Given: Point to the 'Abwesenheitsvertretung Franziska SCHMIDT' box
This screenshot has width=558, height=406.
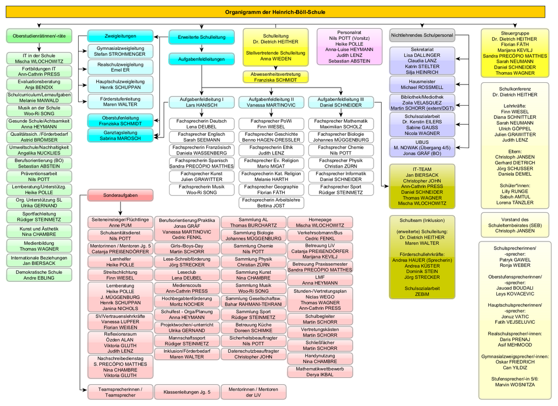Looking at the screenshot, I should (x=275, y=76).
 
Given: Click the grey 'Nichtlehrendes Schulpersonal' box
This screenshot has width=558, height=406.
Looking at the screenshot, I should (x=422, y=36).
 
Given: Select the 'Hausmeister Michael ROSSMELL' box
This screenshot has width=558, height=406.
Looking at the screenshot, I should (x=422, y=84).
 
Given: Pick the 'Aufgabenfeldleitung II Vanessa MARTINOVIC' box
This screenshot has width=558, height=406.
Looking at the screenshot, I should (x=270, y=102).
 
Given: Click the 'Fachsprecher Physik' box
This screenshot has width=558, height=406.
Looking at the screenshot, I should (x=341, y=163).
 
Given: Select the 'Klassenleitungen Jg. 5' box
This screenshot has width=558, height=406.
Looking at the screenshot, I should (x=187, y=392).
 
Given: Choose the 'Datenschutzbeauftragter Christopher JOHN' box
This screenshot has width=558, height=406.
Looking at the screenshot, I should (x=253, y=354).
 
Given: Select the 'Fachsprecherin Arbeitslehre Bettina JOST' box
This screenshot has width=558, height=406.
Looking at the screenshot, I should (x=270, y=202).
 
